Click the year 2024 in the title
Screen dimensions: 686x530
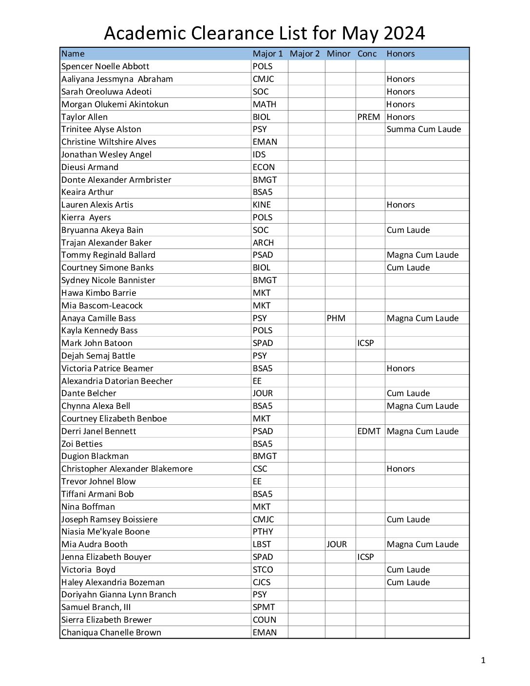(404, 33)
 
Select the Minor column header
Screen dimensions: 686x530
(339, 54)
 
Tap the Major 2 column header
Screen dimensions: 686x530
(304, 54)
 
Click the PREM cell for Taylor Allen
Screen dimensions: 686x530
(368, 117)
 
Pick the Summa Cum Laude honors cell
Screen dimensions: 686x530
(423, 129)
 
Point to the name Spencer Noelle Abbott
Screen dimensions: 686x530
(105, 66)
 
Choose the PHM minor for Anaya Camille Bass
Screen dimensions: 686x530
(336, 318)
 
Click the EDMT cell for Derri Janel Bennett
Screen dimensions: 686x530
(369, 431)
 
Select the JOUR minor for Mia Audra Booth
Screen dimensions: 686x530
(337, 544)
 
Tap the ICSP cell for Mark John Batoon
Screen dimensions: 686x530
(366, 343)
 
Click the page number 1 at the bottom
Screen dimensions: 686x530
(483, 660)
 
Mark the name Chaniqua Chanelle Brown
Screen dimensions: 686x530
(111, 632)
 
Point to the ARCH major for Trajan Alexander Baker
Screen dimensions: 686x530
(263, 243)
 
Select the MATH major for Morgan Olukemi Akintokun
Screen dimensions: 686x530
(264, 104)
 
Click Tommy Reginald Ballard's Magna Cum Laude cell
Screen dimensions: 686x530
(422, 255)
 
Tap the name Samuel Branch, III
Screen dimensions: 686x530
(96, 607)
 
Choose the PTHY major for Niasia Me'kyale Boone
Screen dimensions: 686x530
(263, 532)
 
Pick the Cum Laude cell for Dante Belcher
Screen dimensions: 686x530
(408, 393)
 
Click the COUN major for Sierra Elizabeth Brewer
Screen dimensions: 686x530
(264, 620)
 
